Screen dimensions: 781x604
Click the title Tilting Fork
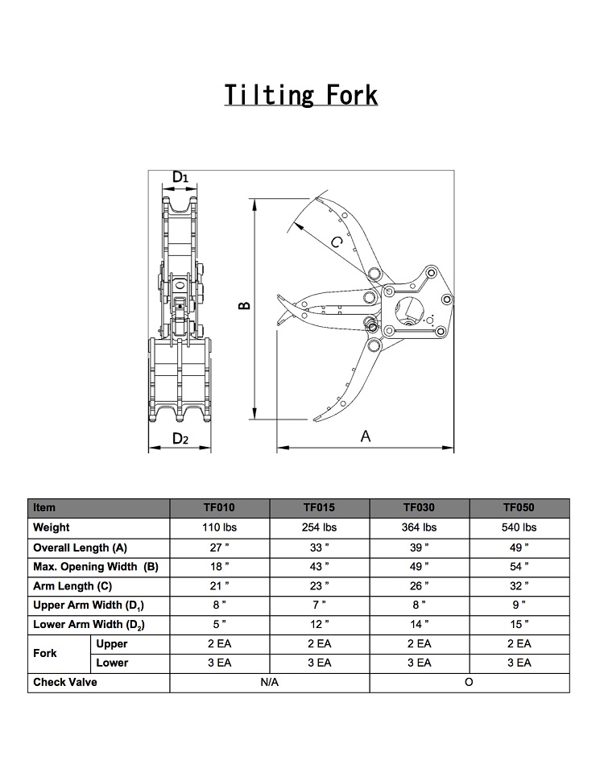301,95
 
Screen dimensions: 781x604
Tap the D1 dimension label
180,176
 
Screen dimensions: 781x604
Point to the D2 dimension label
180,439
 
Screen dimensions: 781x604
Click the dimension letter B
245,306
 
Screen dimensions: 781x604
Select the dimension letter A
366,436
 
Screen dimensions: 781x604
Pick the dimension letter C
338,241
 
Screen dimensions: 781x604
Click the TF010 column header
219,508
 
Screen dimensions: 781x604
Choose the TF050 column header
519,508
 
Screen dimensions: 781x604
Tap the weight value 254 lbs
319,527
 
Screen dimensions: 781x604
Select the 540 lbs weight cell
519,527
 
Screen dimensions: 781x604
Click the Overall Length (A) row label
80,548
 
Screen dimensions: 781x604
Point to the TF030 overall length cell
419,548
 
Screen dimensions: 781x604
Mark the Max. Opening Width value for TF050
519,567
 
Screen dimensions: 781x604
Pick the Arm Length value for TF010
219,586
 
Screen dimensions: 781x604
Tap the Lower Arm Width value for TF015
319,625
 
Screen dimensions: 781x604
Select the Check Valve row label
65,683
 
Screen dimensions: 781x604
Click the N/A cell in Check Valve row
269,683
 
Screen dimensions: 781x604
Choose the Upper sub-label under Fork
112,644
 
